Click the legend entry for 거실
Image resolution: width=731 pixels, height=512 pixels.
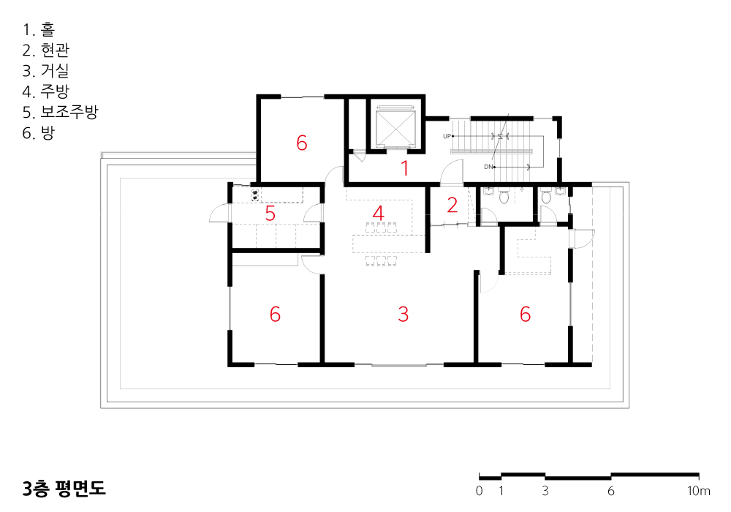click(45, 70)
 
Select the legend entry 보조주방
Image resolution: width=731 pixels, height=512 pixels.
click(60, 112)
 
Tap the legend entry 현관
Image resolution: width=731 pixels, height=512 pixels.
click(45, 50)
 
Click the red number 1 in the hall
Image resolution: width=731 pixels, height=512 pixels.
click(405, 168)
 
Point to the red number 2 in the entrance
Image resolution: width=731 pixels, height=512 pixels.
click(452, 206)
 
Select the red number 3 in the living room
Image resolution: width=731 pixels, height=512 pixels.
click(404, 315)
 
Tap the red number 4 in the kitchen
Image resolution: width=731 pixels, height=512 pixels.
click(378, 213)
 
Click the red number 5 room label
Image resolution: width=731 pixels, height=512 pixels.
click(270, 213)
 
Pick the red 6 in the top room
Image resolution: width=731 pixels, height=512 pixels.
click(302, 143)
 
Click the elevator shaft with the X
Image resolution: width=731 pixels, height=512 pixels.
click(395, 127)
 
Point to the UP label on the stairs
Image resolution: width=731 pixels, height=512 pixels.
click(447, 136)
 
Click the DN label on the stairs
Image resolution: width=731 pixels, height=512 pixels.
click(488, 167)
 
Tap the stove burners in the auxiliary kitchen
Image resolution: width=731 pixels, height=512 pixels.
click(255, 195)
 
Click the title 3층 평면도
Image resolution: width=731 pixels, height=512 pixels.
click(64, 488)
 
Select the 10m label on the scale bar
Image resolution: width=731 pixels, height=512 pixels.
click(698, 491)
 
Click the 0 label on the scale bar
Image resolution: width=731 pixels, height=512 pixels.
click(480, 491)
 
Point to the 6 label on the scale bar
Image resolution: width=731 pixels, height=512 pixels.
click(610, 491)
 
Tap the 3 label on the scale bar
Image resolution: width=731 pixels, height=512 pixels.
click(545, 491)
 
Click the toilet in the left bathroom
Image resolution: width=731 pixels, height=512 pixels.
click(504, 197)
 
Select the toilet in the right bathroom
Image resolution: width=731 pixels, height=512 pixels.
click(546, 197)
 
